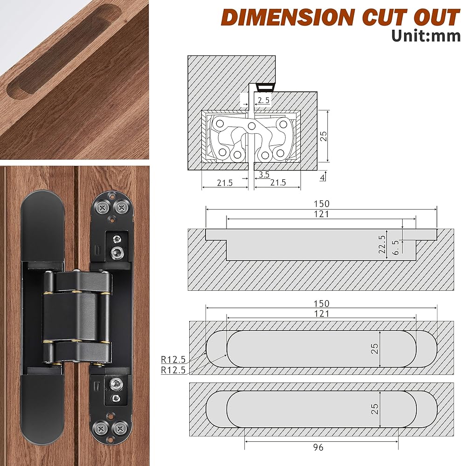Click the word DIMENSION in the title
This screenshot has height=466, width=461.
287,17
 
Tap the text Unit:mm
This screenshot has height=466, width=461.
426,36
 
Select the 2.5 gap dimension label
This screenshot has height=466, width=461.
264,100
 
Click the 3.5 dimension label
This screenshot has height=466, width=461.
264,174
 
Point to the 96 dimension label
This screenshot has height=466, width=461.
318,447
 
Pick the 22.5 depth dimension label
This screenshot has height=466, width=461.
382,244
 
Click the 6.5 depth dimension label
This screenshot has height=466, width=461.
395,247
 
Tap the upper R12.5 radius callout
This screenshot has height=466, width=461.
173,360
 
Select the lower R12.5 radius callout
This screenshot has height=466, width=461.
173,370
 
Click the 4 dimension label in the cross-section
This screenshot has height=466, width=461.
323,178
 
